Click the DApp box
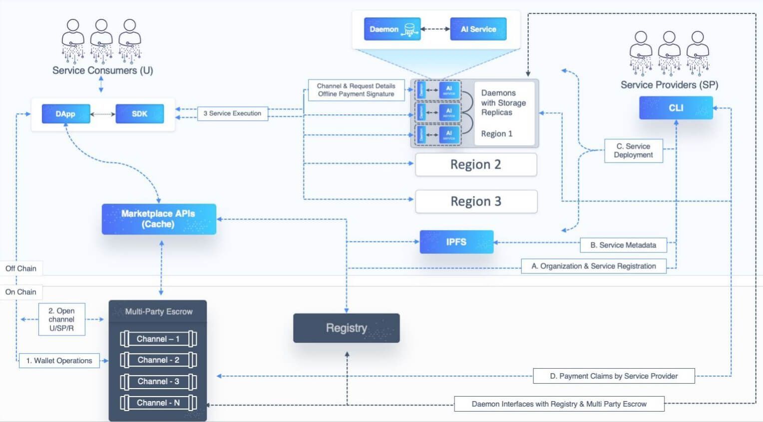click(65, 114)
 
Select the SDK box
click(139, 114)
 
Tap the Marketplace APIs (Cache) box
click(159, 219)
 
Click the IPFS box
click(456, 242)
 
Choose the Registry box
click(346, 328)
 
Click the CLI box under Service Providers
click(676, 108)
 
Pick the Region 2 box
click(476, 165)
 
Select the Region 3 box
click(476, 202)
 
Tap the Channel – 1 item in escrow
click(158, 339)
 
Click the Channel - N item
click(158, 403)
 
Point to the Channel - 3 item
click(158, 381)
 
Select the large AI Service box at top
click(478, 29)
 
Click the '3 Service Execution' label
click(232, 113)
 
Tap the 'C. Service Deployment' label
click(633, 151)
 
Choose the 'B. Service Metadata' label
click(623, 245)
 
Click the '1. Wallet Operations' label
click(59, 361)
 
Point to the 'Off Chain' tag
click(21, 268)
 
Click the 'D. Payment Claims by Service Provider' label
click(613, 376)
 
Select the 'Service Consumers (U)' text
click(102, 70)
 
